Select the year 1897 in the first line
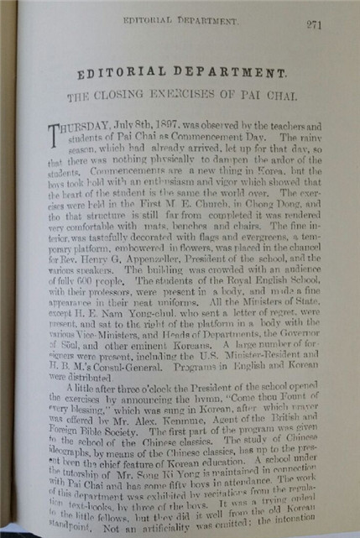[159, 124]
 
